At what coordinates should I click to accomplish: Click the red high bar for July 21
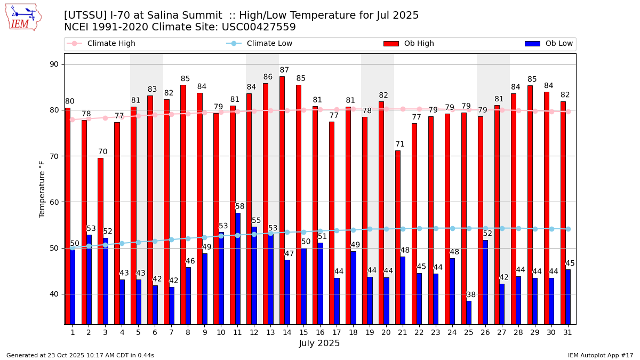[398, 237]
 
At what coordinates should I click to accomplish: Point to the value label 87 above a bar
[284, 70]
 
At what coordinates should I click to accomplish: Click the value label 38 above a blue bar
[471, 295]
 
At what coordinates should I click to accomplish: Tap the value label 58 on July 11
[240, 207]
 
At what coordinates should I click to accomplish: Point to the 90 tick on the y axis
[54, 65]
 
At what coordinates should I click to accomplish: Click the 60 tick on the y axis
[54, 202]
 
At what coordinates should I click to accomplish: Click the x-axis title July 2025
[319, 343]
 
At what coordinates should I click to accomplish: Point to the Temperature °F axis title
[42, 189]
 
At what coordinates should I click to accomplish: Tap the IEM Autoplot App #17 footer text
[600, 355]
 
